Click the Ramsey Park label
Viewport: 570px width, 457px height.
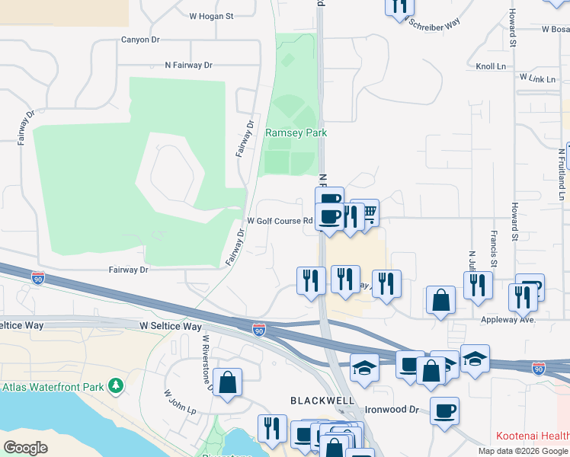pyautogui.click(x=296, y=133)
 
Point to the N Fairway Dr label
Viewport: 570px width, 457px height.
pyautogui.click(x=188, y=66)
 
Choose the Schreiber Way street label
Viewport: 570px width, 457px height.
pyautogui.click(x=435, y=23)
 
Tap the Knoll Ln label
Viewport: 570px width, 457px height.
pyautogui.click(x=491, y=67)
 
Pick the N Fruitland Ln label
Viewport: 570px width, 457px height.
pyautogui.click(x=562, y=168)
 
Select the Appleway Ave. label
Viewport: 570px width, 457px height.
pyautogui.click(x=508, y=320)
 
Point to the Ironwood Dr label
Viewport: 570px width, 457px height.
pyautogui.click(x=393, y=410)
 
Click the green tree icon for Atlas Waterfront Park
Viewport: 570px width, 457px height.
pyautogui.click(x=116, y=387)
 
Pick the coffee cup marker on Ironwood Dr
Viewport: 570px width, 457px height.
pyautogui.click(x=444, y=411)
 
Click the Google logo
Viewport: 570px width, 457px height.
pyautogui.click(x=26, y=448)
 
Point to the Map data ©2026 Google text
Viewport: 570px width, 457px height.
pyautogui.click(x=524, y=451)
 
